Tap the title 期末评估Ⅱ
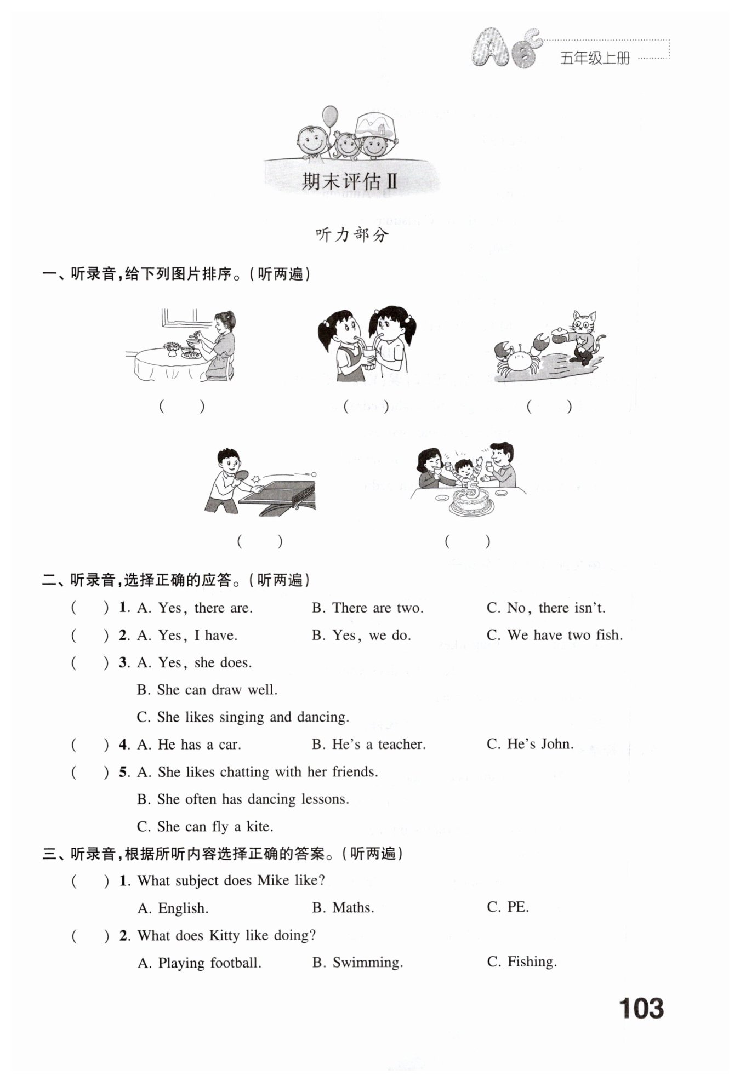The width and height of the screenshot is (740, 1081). click(x=349, y=181)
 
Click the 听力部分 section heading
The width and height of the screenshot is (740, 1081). click(x=352, y=235)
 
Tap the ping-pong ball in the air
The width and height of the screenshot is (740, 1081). click(x=314, y=474)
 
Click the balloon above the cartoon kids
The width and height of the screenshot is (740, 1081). click(x=330, y=116)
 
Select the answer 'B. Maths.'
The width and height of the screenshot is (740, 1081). click(x=343, y=908)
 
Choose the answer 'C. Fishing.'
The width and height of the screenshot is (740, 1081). click(x=521, y=962)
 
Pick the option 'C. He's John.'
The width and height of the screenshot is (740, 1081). click(x=530, y=744)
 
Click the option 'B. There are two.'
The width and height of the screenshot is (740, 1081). click(x=367, y=608)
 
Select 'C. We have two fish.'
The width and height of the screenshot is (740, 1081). click(x=554, y=635)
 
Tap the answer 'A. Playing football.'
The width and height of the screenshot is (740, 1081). click(x=200, y=963)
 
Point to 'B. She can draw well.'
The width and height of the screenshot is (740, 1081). click(x=207, y=690)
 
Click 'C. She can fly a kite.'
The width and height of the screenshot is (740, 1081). click(x=205, y=826)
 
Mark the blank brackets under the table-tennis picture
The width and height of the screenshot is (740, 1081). click(x=260, y=541)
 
